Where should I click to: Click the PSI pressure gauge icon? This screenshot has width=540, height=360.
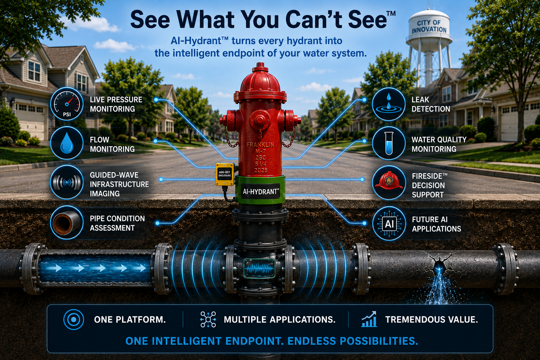pos(67,104)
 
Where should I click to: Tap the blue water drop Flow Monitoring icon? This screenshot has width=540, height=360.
pos(67,143)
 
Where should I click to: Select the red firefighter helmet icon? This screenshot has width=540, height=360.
pos(388,182)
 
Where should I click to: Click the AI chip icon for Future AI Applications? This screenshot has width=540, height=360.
pos(389,224)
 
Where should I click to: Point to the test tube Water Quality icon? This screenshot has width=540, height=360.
pos(388,143)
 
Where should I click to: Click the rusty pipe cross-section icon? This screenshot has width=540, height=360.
pos(67,222)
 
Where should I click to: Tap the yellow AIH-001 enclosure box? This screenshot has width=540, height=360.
pos(225,174)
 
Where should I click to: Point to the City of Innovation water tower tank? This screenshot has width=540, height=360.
pos(429,28)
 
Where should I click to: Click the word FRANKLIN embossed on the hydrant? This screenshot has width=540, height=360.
pos(260,145)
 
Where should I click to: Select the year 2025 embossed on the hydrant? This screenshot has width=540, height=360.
pos(261,171)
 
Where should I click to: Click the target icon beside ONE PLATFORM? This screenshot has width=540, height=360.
pos(73,320)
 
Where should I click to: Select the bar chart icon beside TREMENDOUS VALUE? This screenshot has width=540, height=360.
pos(369,319)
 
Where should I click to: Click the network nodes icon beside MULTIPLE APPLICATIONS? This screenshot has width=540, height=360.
pos(208,319)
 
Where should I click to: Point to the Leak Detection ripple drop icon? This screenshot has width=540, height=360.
pos(388,104)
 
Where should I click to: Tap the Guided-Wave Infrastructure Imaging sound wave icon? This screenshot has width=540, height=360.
pos(67,182)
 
